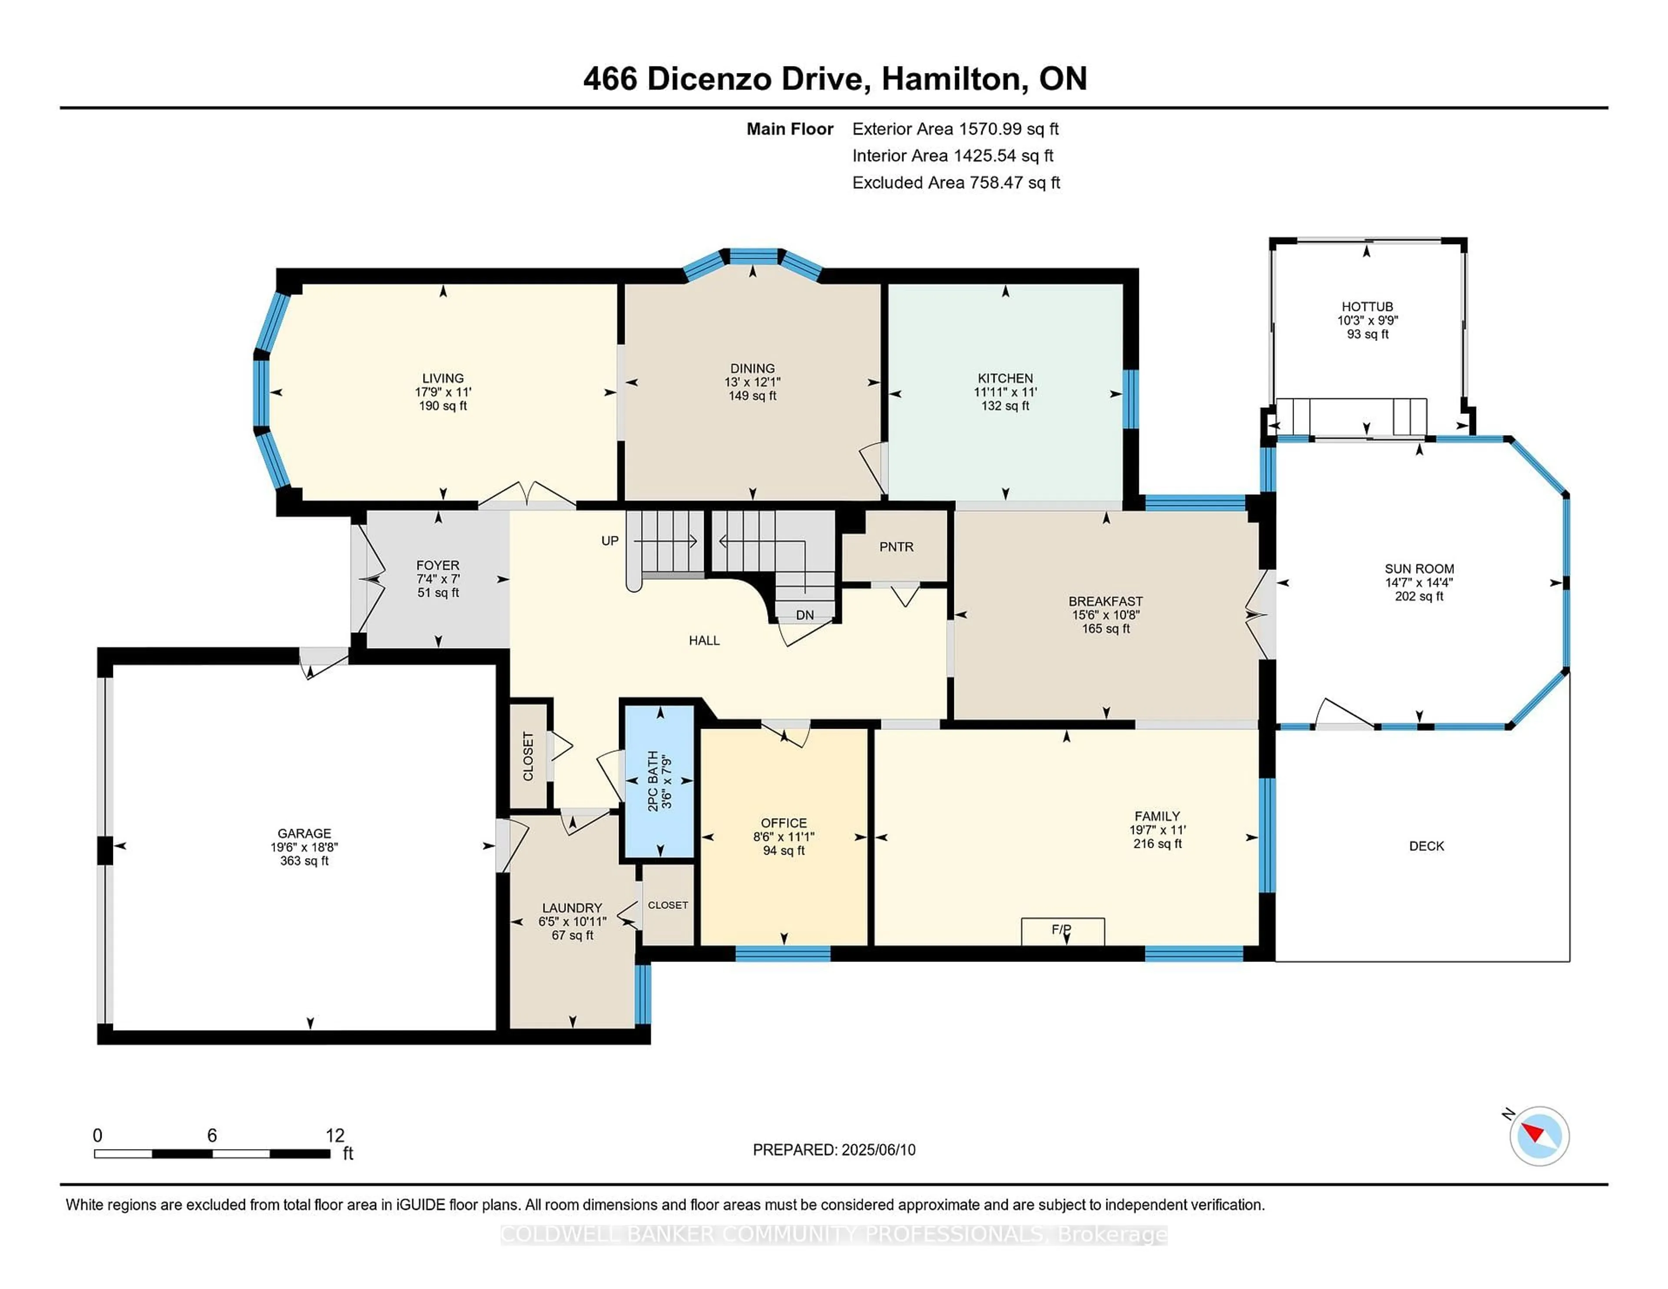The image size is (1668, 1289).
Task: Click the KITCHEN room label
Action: (1005, 378)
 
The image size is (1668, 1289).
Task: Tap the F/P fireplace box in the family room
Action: (1062, 930)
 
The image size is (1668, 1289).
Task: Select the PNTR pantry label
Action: (896, 547)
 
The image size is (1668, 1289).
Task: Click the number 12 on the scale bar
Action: (334, 1136)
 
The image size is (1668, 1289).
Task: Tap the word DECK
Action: (1426, 846)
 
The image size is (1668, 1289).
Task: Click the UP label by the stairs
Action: (609, 541)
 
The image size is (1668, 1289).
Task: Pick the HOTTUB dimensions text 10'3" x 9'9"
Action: (1367, 321)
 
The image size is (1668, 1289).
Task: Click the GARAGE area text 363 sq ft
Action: (304, 861)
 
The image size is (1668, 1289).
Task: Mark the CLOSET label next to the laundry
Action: (668, 905)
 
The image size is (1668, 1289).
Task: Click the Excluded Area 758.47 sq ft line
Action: (956, 182)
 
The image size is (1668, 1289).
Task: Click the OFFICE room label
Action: (784, 823)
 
